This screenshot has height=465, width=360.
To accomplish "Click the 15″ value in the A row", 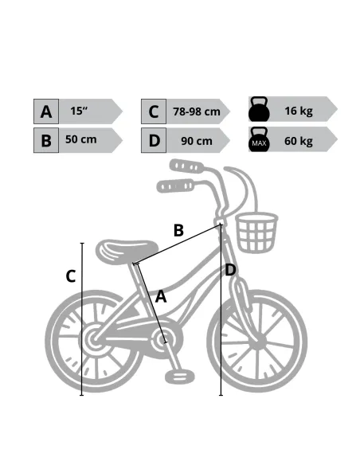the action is click(79, 111).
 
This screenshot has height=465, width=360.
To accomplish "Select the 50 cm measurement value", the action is click(81, 139).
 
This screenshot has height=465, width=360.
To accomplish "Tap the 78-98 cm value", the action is click(197, 111).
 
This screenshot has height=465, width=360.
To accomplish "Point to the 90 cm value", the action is click(197, 141).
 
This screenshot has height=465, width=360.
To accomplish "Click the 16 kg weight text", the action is click(299, 111).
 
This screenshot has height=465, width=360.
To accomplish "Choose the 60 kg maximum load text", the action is click(299, 141).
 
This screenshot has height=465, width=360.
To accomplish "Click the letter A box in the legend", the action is click(46, 111).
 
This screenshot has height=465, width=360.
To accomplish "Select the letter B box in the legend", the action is click(46, 140).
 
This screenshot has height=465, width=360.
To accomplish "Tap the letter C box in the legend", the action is click(154, 111).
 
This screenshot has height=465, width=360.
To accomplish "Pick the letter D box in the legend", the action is click(154, 140).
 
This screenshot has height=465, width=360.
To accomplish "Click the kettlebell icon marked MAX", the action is click(259, 139).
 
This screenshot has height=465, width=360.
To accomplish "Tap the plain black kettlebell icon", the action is click(259, 109).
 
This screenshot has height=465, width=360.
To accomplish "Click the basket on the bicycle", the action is click(256, 232).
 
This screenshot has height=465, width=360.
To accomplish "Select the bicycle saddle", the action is click(127, 251).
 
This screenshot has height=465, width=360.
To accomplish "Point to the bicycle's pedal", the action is click(180, 376).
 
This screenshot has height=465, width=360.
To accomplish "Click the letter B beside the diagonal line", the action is click(178, 230).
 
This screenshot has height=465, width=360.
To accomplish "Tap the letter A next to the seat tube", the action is click(161, 296).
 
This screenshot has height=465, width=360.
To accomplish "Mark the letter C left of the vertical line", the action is click(71, 276).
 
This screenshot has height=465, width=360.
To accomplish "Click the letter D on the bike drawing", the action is click(230, 270).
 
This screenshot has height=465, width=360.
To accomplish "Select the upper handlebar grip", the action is click(187, 166).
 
